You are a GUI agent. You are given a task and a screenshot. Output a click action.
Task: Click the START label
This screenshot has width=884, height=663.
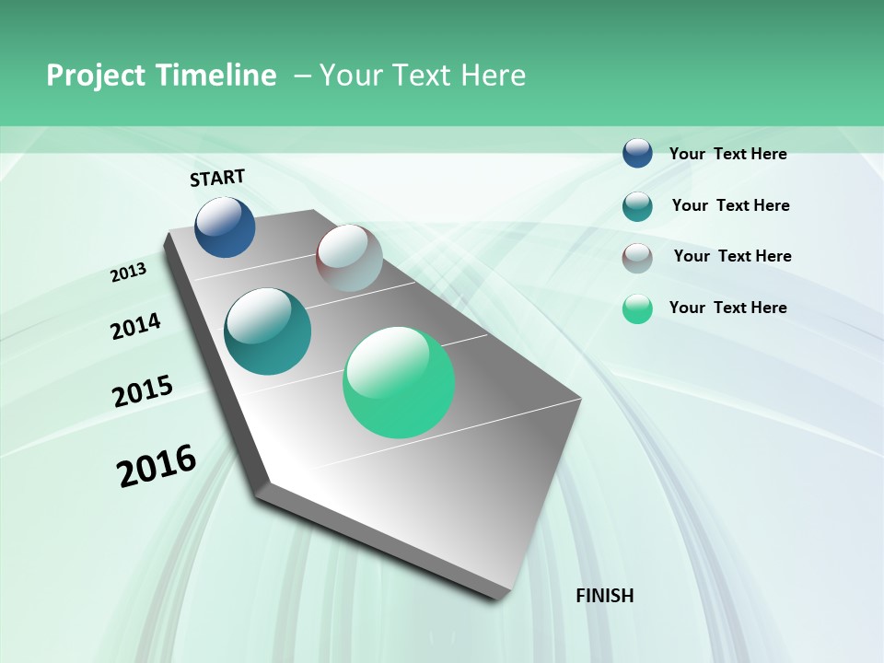pos(217,178)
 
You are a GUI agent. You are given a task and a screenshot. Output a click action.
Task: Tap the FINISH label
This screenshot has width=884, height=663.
pos(605,596)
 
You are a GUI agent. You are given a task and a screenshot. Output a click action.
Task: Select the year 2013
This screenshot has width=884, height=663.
pos(129,273)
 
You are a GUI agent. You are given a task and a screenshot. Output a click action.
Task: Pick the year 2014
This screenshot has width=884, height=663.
pos(135,326)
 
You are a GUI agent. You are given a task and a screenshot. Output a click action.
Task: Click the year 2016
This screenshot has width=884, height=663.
pos(157,466)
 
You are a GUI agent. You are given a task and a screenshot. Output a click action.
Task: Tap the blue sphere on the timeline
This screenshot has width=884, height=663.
pos(225,227)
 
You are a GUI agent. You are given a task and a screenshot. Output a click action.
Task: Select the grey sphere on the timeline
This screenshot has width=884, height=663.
pos(349,258)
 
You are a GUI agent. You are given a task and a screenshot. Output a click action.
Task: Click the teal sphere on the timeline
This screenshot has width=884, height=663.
pos(267,331)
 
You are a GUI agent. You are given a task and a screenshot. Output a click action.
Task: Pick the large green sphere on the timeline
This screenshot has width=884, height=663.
pos(399,382)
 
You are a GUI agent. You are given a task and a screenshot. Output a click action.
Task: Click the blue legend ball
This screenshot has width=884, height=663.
pos(637,153)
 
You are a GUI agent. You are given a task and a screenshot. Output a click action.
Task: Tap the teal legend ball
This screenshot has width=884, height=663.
pos(637,206)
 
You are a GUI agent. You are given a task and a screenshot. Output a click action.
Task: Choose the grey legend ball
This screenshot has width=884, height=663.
pos(637,258)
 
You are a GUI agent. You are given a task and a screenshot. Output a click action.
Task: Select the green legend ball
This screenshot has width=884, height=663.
pos(637,308)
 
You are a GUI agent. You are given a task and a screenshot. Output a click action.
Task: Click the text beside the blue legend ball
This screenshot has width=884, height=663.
pos(727,154)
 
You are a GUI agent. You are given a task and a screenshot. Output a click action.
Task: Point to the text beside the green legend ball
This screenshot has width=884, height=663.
pos(727,308)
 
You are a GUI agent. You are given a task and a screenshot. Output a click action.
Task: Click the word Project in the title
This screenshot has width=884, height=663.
pos(94,76)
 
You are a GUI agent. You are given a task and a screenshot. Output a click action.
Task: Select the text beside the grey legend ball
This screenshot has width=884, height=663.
pos(732,256)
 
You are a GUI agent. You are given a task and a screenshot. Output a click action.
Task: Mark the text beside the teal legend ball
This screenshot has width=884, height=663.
pos(730,205)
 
